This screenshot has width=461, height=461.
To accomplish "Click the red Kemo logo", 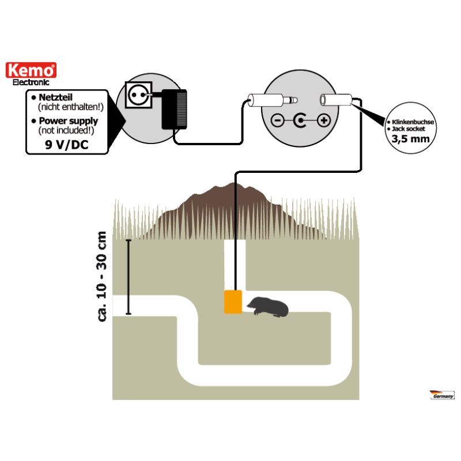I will [31, 70].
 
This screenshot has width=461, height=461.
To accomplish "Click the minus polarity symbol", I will [277, 121].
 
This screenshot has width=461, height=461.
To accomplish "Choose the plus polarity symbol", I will [323, 121].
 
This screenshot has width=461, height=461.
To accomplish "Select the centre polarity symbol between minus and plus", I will [300, 121].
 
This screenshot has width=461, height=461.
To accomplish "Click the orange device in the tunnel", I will [233, 301].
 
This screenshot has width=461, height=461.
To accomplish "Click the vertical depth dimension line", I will [129, 277].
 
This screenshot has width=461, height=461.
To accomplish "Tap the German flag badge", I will [442, 395].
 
